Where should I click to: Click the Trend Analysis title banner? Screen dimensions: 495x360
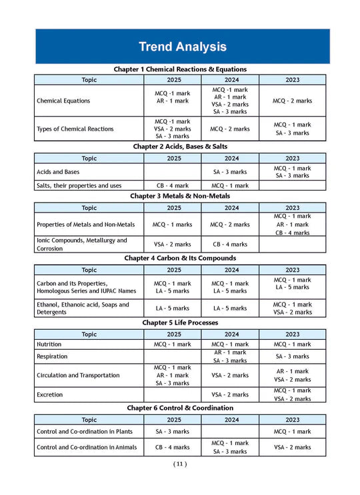pyautogui.click(x=182, y=47)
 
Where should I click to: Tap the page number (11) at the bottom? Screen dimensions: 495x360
pyautogui.click(x=180, y=464)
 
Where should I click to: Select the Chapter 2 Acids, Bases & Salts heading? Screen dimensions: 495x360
pyautogui.click(x=180, y=146)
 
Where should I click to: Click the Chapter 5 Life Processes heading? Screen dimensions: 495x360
pyautogui.click(x=180, y=322)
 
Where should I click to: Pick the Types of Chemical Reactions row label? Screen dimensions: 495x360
pyautogui.click(x=75, y=129)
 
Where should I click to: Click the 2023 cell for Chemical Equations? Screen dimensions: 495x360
pyautogui.click(x=292, y=101)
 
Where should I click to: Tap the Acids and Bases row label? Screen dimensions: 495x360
pyautogui.click(x=62, y=172)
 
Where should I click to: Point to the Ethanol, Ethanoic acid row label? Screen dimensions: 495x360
pyautogui.click(x=83, y=308)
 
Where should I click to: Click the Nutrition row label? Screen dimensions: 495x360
pyautogui.click(x=52, y=344)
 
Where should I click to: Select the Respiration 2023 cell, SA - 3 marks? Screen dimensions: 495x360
pyautogui.click(x=292, y=356)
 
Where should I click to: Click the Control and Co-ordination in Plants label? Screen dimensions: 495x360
pyautogui.click(x=86, y=432)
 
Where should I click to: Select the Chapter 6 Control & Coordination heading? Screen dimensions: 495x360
pyautogui.click(x=180, y=407)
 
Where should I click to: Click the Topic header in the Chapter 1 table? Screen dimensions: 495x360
pyautogui.click(x=89, y=79)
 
